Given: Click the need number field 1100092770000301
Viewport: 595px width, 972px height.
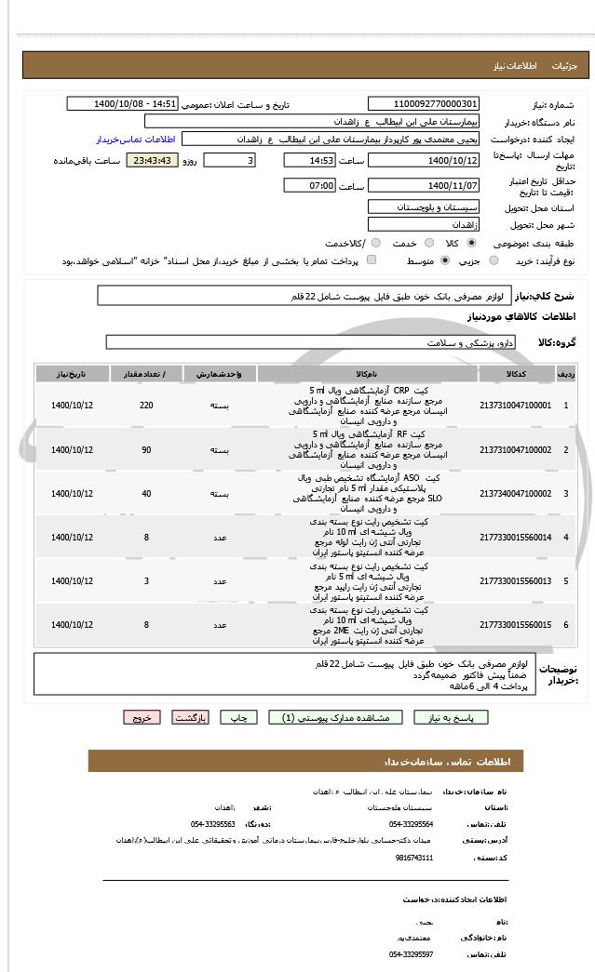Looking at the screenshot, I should (x=424, y=104).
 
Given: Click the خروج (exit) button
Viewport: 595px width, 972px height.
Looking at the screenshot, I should (x=142, y=717).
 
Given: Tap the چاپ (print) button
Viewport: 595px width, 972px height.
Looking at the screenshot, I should (x=240, y=717).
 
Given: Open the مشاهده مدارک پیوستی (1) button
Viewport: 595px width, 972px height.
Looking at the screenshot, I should (x=335, y=717).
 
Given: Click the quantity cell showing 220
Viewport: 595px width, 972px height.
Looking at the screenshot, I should (x=146, y=406).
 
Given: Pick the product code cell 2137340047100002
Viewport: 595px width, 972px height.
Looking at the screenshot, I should (x=515, y=493).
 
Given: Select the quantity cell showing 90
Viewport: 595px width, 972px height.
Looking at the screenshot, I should (x=146, y=449).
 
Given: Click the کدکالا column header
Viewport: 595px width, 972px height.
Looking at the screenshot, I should (x=515, y=373).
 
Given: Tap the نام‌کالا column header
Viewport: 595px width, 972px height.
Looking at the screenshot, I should (x=367, y=373).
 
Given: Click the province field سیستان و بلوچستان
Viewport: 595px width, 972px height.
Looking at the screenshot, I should (x=424, y=206).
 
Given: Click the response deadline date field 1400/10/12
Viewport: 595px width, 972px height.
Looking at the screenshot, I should (x=424, y=161).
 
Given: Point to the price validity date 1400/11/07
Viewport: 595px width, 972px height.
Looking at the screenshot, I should (x=424, y=185).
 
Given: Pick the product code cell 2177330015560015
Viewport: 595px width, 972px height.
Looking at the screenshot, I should (x=515, y=624).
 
